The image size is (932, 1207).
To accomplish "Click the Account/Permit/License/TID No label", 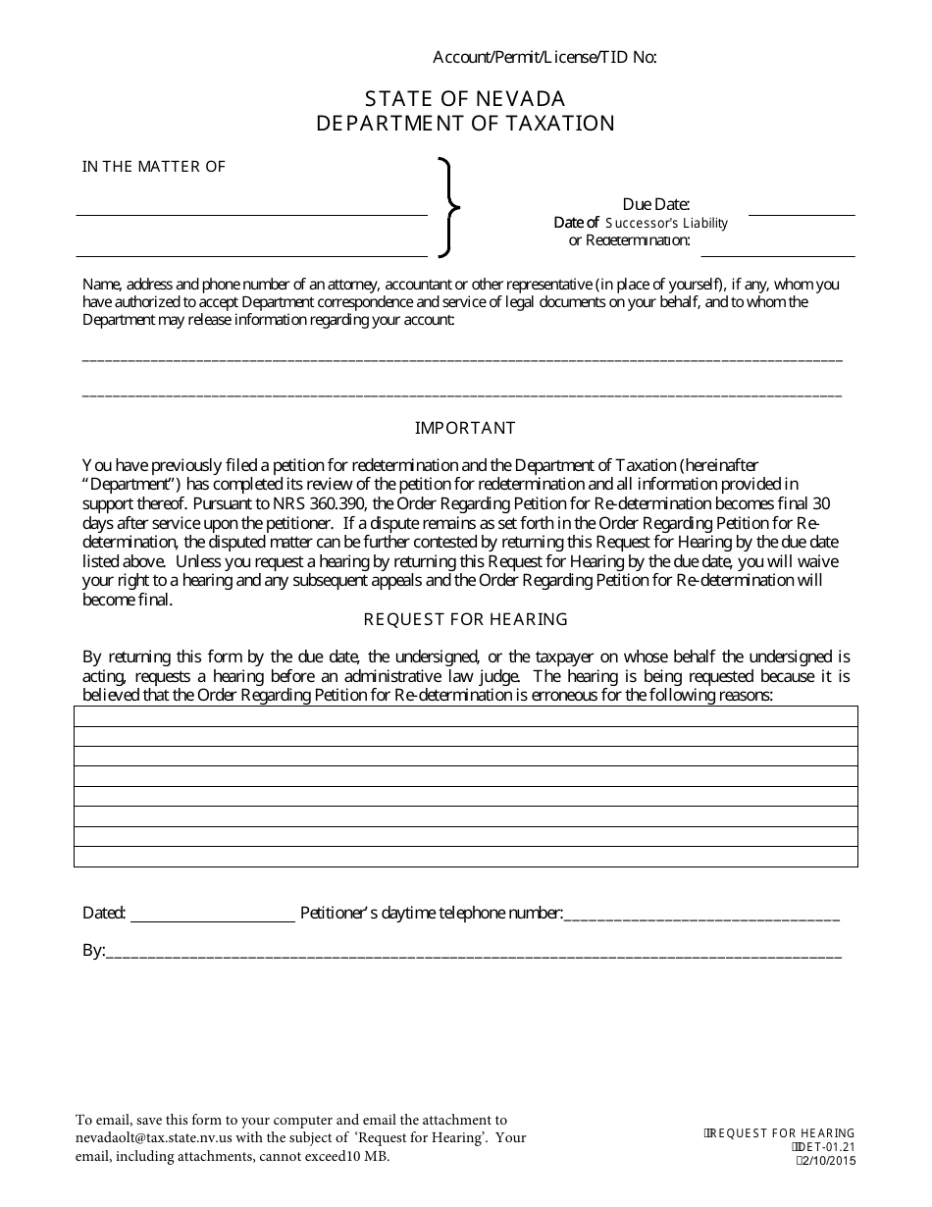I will [544, 57].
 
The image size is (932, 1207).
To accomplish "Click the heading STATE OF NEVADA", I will [465, 99].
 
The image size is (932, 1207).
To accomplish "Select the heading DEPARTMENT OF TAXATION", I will [465, 124].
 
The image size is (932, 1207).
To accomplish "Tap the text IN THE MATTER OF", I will [153, 167].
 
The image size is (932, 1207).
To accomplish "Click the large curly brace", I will [448, 207].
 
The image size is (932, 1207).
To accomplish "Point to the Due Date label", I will [655, 204].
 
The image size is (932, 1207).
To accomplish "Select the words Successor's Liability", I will [666, 223].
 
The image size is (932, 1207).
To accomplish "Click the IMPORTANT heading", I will [465, 428].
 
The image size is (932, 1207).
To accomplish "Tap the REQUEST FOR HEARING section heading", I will [465, 619].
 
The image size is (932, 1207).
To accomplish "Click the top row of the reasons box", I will [465, 716].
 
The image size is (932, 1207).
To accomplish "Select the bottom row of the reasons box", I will [465, 857].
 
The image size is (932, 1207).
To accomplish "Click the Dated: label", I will [103, 913].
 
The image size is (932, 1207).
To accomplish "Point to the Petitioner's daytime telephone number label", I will [431, 913].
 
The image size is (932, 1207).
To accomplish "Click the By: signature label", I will [93, 950].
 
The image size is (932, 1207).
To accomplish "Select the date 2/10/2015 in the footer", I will [829, 1161].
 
